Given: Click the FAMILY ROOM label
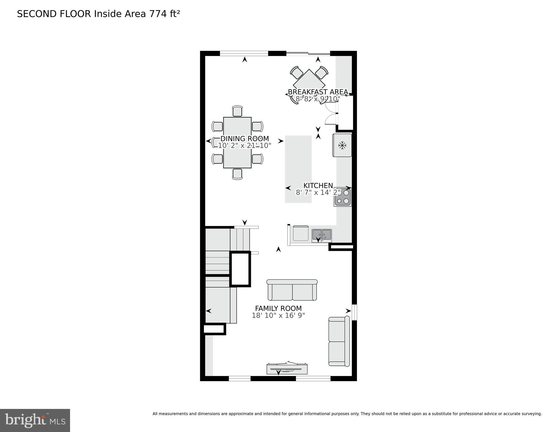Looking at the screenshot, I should tap(278, 308).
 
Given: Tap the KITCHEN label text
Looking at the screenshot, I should tap(318, 185).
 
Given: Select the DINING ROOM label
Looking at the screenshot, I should tap(244, 138).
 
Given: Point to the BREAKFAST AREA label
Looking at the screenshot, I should tap(318, 92).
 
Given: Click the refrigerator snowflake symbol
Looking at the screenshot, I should tap(342, 146).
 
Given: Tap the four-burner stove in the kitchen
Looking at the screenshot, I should tap(343, 197).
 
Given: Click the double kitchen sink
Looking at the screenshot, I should tap(322, 236).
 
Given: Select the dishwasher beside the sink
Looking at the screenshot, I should tap(300, 233).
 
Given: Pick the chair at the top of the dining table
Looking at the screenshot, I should tap(237, 111).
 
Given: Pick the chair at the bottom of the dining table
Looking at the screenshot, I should tap(237, 174).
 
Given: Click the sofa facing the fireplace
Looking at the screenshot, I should tap(292, 290).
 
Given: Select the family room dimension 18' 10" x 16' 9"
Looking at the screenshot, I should tap(278, 315).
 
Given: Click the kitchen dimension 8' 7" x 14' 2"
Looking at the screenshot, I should tap(318, 193).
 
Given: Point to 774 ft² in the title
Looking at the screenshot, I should tap(165, 14).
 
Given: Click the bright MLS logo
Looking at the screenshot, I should tap(35, 420).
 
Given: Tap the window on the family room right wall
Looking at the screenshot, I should tap(355, 312).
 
